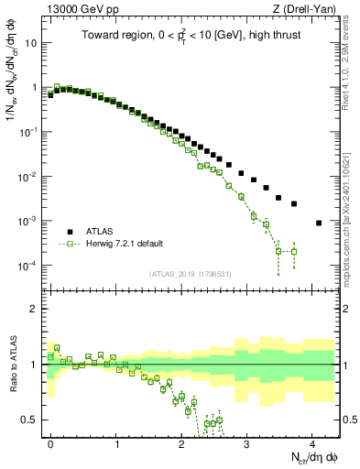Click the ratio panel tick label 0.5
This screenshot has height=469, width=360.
(33, 420)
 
